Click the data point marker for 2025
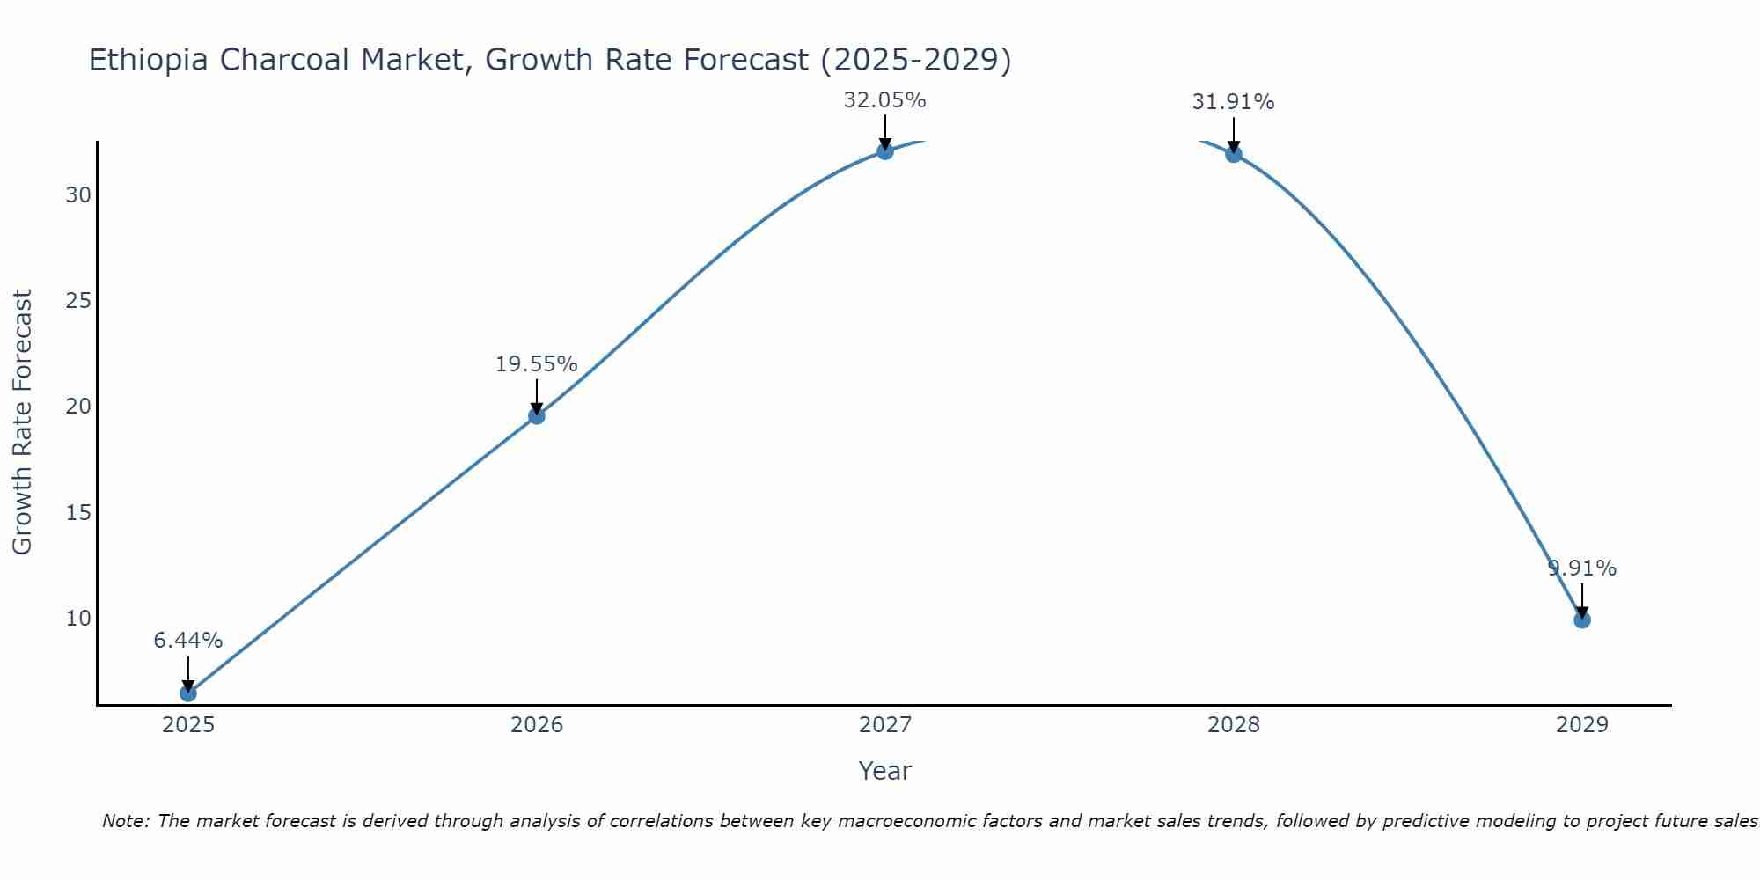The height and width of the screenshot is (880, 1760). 187,693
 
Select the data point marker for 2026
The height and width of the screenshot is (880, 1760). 536,415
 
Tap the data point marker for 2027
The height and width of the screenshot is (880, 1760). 884,151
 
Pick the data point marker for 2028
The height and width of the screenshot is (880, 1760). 1233,154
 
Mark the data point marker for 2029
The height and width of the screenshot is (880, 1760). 1581,620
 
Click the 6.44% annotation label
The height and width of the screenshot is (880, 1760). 187,641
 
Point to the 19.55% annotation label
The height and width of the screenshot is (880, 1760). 536,364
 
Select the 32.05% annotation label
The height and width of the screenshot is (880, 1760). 884,100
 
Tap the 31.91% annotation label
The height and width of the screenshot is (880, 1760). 1233,102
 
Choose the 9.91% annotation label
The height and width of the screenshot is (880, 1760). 1581,568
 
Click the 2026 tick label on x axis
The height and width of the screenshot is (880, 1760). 536,725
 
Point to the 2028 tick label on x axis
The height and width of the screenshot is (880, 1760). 1233,725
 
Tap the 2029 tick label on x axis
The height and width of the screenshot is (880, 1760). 1581,725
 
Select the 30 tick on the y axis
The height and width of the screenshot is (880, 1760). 78,195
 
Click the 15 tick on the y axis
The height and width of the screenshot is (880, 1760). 78,512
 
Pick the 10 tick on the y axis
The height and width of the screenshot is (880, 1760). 78,619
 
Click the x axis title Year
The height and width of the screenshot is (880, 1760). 884,771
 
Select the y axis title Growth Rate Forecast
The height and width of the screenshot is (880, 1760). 23,422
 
